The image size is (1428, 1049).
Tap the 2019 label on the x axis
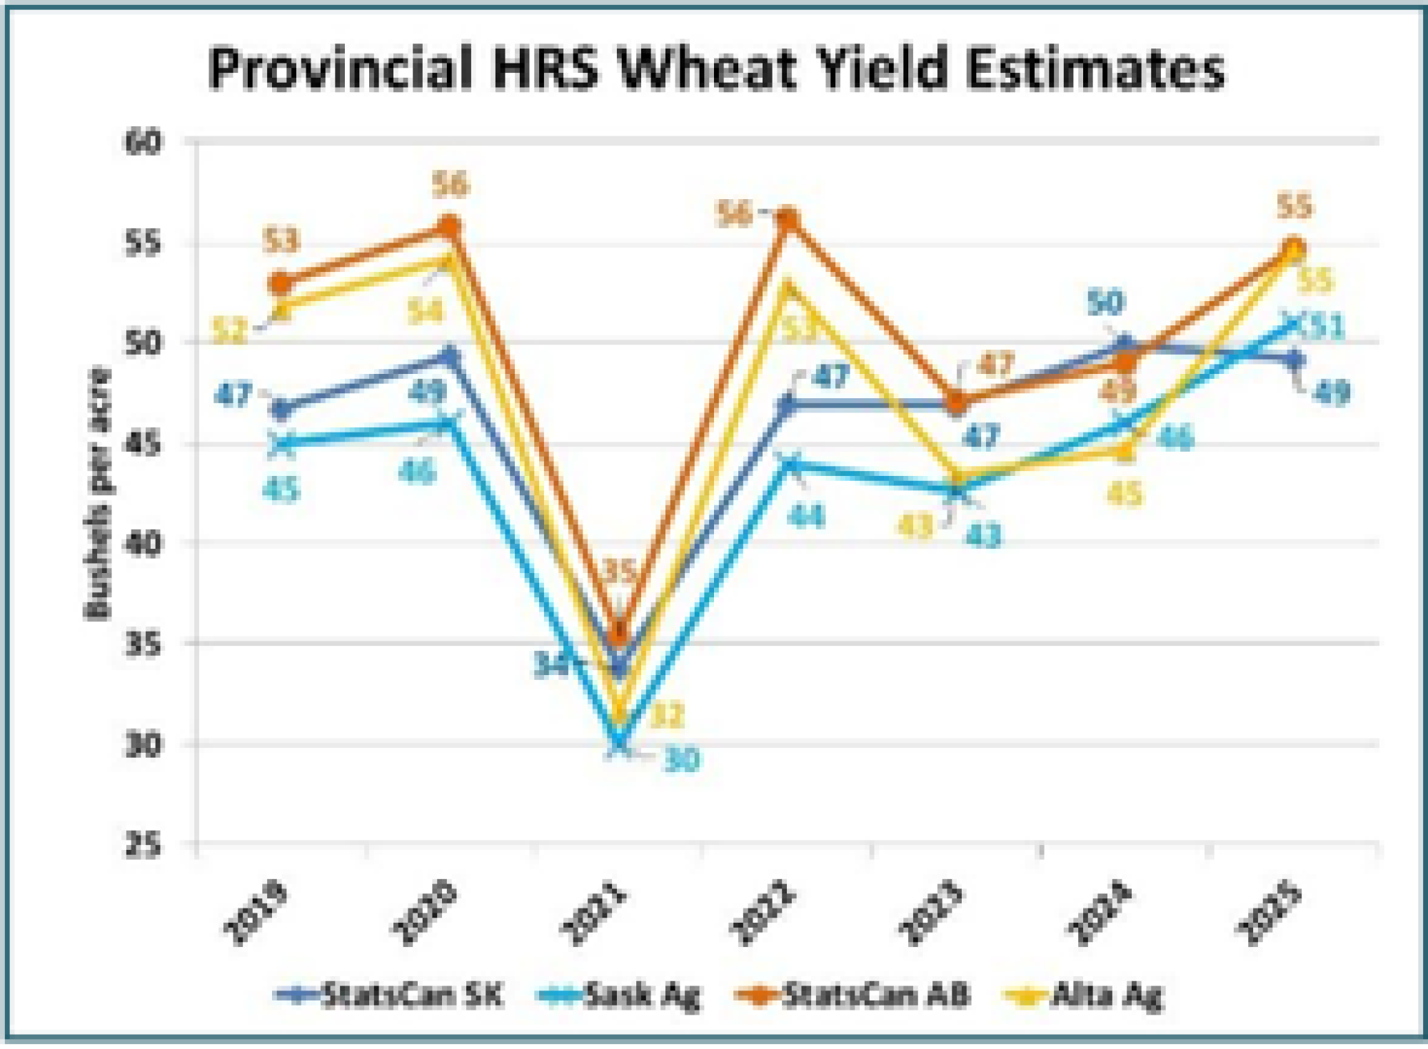(256, 914)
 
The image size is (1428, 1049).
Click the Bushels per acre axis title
(99, 492)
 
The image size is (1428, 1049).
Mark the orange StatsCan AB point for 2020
(448, 227)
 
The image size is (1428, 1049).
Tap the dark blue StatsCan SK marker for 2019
(281, 410)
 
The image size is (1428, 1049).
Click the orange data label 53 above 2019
(281, 241)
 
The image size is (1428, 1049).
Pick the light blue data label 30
(681, 761)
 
